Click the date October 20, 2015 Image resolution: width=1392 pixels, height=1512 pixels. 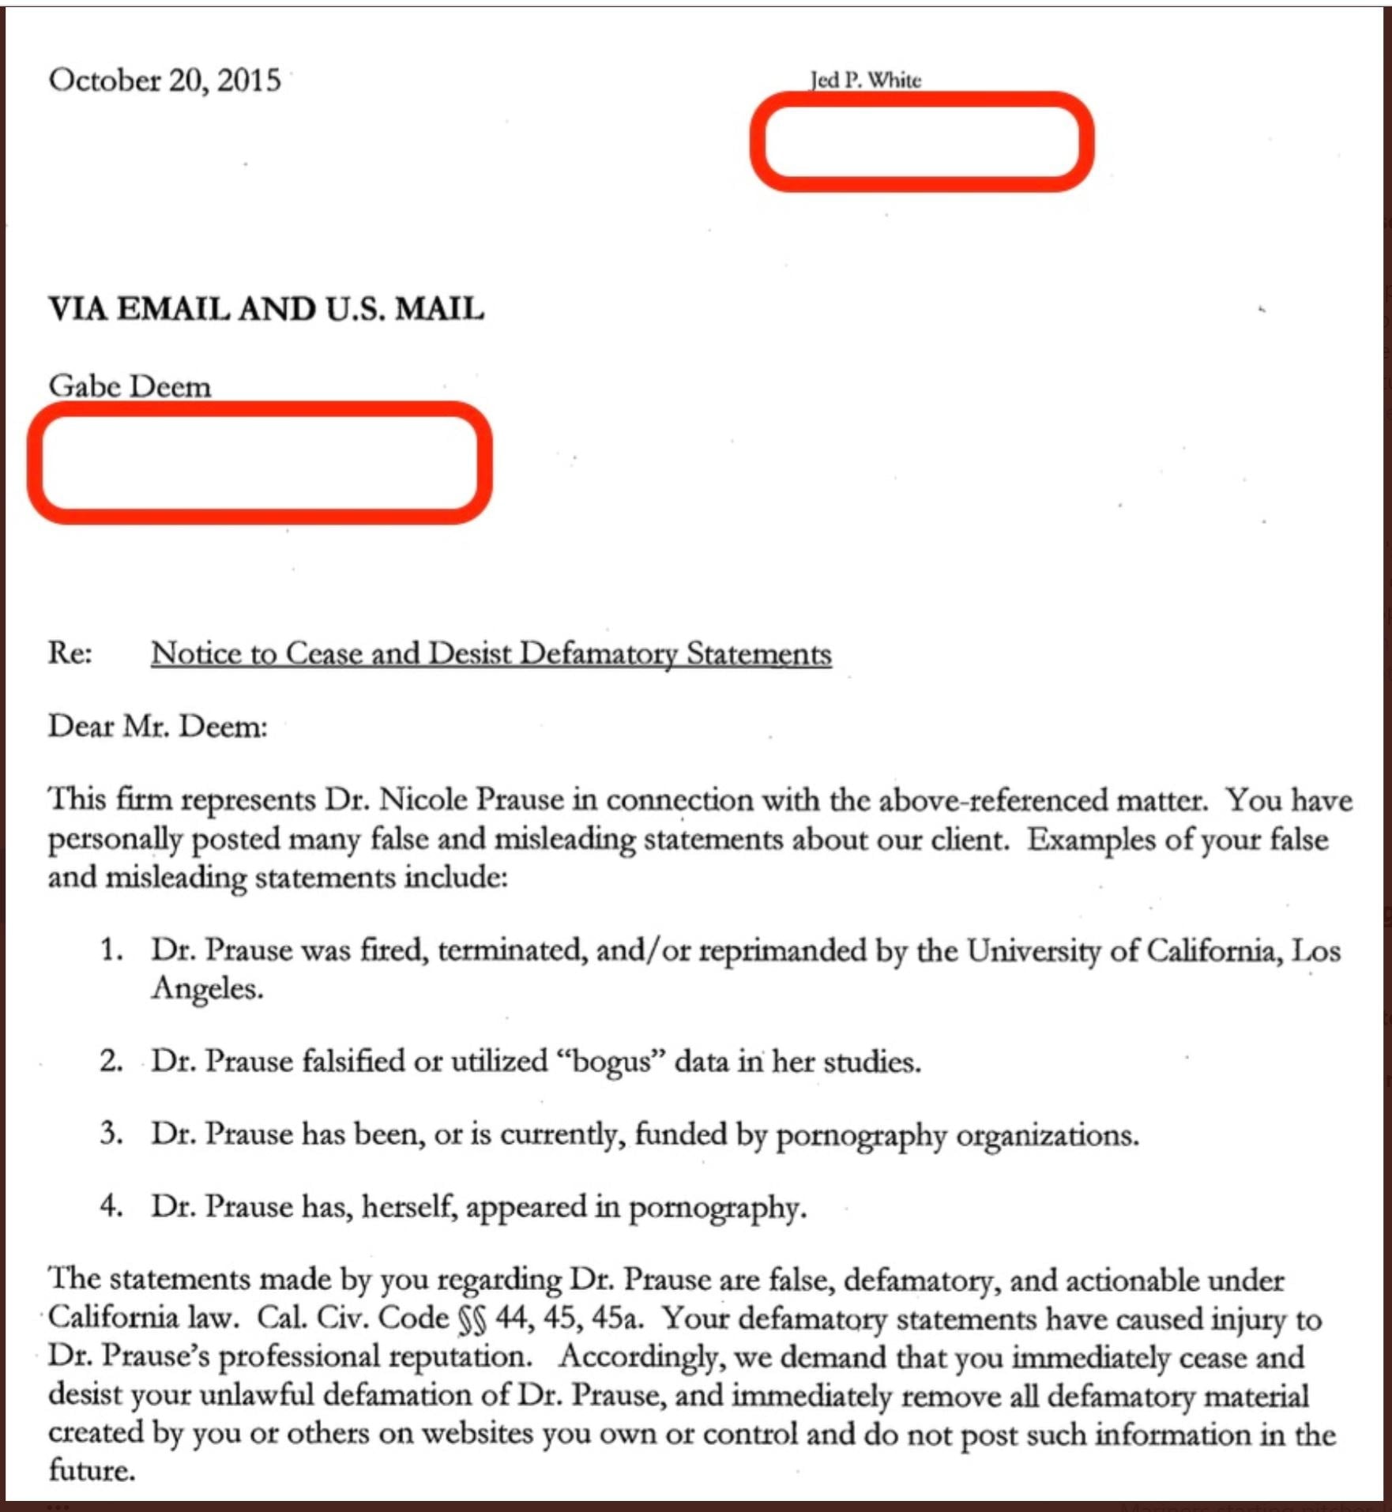[164, 80]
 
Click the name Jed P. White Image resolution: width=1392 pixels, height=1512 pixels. [865, 80]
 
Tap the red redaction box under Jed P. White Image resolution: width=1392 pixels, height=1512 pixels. [921, 141]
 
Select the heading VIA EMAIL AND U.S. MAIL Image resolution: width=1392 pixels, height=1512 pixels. [266, 308]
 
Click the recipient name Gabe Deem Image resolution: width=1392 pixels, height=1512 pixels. [130, 386]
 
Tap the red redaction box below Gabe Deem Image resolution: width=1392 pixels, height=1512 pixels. [259, 462]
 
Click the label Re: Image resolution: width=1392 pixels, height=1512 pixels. [70, 653]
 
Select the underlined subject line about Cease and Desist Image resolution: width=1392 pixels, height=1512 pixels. [491, 653]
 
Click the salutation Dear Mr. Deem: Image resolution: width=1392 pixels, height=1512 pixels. [158, 726]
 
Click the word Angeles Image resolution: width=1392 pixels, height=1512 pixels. [206, 988]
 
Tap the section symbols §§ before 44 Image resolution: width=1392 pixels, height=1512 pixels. [472, 1318]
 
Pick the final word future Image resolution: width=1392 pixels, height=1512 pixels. [91, 1470]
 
